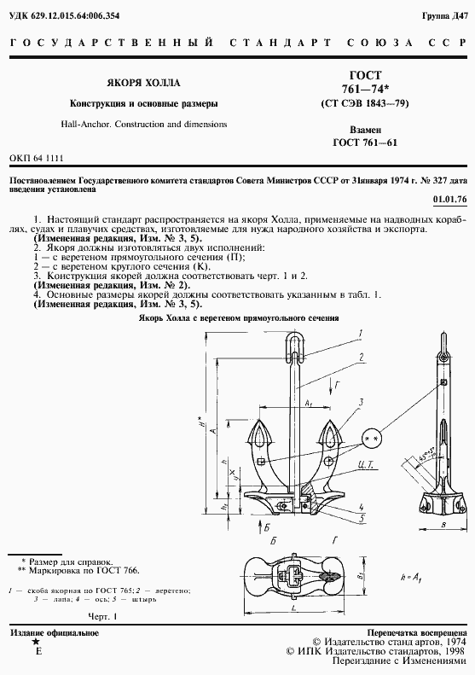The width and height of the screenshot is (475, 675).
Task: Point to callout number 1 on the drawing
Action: coord(361,332)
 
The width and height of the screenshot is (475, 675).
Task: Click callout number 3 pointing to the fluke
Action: coord(361,400)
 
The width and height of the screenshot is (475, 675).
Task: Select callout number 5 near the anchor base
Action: coord(362,516)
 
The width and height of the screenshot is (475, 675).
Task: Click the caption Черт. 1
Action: coord(102,615)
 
